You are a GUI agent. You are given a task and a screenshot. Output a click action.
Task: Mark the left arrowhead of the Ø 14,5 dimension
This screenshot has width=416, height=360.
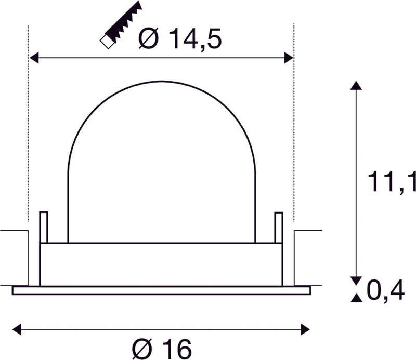pos(33,58)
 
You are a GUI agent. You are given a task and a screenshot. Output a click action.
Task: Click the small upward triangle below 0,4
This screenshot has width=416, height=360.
pos(355,298)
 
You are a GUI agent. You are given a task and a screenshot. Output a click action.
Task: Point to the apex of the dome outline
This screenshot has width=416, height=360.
pos(161,81)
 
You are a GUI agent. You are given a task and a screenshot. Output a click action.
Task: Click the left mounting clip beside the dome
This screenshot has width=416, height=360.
pos(43,227)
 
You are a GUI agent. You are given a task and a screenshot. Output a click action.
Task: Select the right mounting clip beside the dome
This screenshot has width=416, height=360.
pos(279,227)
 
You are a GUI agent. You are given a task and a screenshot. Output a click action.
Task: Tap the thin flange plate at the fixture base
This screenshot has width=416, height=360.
pos(161,290)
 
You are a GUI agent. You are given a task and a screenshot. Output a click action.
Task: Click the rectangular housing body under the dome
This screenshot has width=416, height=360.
pos(161,264)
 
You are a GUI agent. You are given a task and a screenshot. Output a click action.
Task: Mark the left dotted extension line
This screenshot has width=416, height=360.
pos(27,130)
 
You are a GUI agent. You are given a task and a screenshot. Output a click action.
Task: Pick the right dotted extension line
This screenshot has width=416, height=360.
pos(294,130)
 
